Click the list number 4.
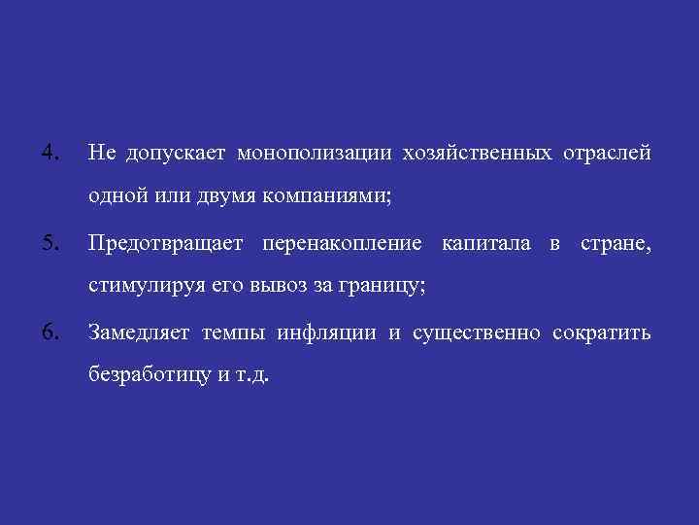(x=50, y=153)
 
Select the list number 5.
(x=50, y=242)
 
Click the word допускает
(x=172, y=154)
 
